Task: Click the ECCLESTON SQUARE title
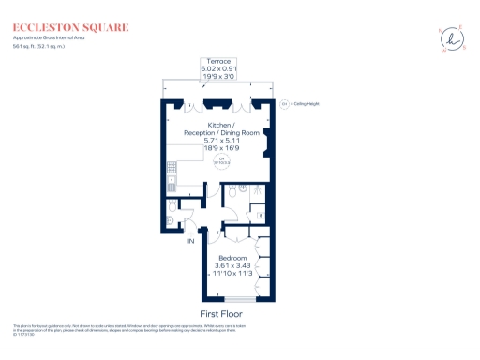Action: coord(71,28)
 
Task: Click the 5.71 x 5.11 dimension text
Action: coord(222,141)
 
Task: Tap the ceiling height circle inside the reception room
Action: coord(223,160)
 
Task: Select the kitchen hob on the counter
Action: coord(172,169)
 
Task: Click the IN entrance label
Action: coord(191,242)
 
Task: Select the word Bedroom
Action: coord(232,257)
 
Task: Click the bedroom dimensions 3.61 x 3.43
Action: coord(232,266)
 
